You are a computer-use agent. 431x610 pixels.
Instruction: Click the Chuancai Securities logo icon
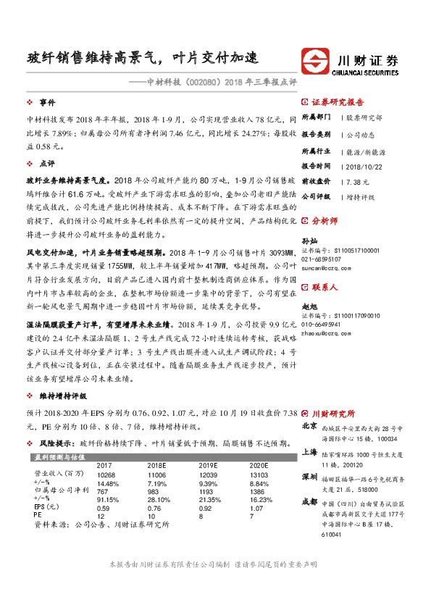point(317,60)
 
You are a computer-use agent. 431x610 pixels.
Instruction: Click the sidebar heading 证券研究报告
point(338,102)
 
